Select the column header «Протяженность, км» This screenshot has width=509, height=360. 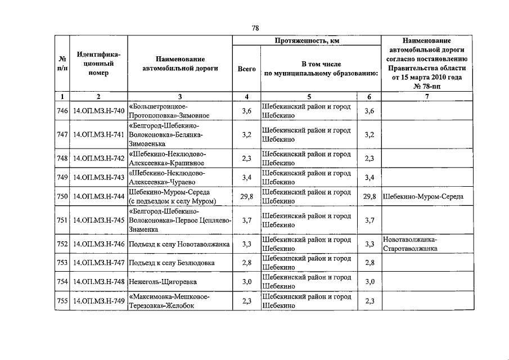point(307,41)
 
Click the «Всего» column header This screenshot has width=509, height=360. point(246,69)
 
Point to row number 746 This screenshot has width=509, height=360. point(62,111)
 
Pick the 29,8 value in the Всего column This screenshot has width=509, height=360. point(246,196)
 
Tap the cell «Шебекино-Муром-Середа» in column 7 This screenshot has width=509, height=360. point(422,197)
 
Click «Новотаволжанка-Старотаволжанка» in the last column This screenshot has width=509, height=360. point(411,244)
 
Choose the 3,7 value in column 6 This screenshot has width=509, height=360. point(369,220)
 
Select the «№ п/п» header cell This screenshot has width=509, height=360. point(62,64)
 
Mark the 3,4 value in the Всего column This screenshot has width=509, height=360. point(246,178)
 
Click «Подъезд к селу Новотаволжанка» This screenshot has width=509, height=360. point(179,244)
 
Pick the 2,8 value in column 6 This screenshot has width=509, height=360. point(369,263)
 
